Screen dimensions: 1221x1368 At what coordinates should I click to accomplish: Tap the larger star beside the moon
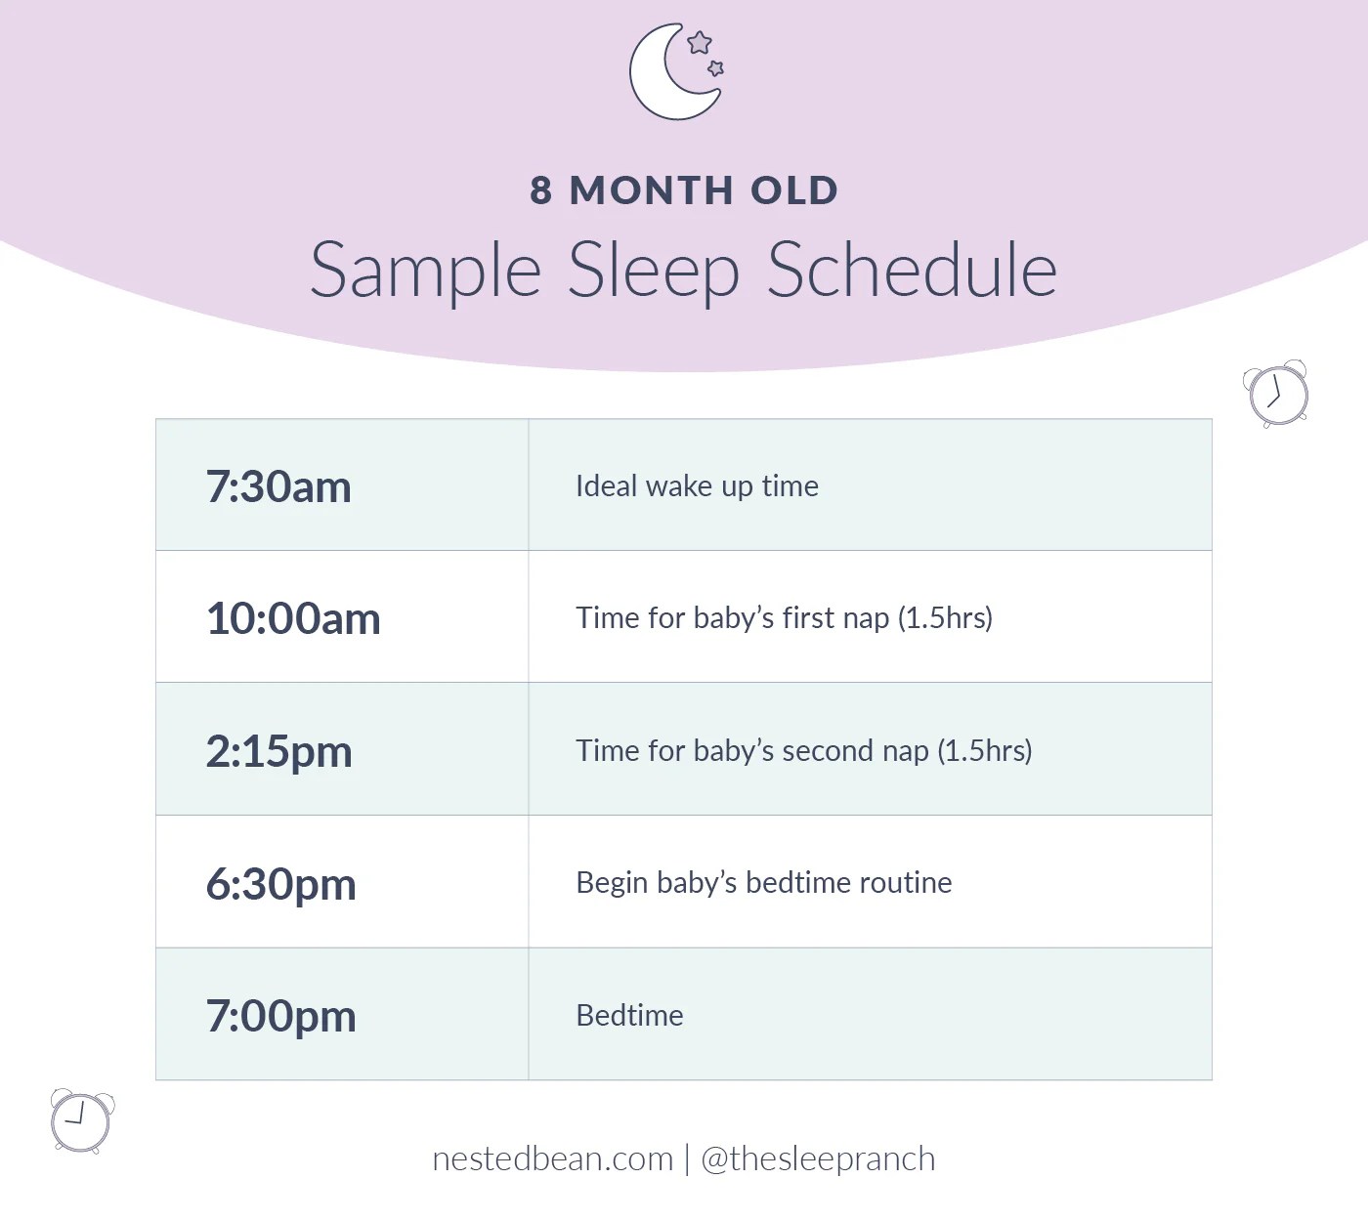700,43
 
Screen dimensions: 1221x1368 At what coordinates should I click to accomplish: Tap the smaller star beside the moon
715,67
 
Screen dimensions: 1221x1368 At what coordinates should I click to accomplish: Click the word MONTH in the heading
651,190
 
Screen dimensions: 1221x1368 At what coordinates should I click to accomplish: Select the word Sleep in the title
653,271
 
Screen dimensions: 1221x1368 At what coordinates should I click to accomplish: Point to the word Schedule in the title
912,270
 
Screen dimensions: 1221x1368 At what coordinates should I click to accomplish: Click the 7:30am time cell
278,486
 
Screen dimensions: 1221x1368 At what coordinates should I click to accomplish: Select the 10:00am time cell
293,618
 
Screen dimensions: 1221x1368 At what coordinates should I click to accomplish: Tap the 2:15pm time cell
278,751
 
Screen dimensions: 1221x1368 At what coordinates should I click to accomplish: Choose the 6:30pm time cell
280,884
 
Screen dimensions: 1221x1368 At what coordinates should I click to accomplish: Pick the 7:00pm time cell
280,1016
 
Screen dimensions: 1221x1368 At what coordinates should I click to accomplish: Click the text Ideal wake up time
697,485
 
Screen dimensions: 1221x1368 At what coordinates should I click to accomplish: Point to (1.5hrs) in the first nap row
945,617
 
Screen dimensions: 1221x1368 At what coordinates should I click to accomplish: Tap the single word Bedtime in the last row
629,1015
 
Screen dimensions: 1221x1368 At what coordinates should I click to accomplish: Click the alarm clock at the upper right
1277,394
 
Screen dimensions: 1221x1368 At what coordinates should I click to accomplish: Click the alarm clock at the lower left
81,1121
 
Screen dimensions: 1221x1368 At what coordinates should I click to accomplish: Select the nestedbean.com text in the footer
553,1158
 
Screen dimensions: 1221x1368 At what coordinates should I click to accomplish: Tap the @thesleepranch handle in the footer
818,1158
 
